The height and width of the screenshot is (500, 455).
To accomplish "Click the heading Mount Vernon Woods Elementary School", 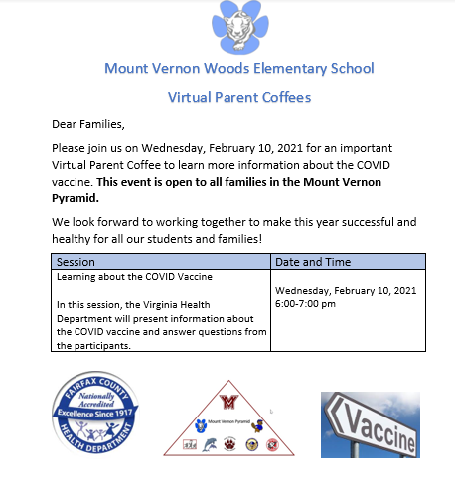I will click(239, 69).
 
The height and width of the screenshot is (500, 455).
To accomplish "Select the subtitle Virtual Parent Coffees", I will click(239, 97).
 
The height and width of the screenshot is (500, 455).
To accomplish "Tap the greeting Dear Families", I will click(88, 124).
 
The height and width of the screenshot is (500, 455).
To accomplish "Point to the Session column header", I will click(76, 261).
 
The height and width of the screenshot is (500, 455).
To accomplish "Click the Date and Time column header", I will click(313, 261).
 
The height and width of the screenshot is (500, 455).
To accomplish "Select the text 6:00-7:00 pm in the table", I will click(305, 303).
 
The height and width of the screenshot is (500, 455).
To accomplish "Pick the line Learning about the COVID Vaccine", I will click(134, 276).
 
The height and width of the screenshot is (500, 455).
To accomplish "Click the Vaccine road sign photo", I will click(370, 424).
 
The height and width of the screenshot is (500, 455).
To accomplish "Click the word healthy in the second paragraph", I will click(74, 239).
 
